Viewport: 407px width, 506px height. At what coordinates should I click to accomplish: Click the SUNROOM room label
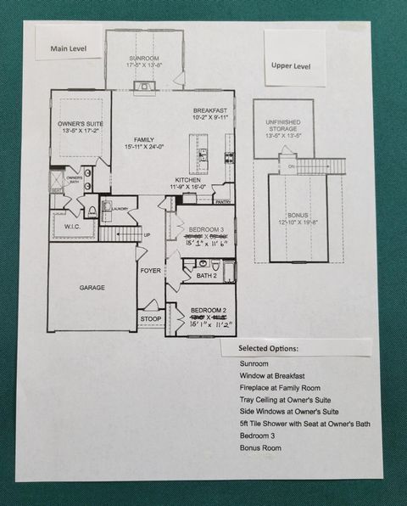click(143, 57)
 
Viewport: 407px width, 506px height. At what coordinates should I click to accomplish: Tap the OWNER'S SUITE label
click(79, 124)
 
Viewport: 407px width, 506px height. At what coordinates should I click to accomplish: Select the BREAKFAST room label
click(209, 110)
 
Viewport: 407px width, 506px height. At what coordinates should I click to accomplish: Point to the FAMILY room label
click(145, 139)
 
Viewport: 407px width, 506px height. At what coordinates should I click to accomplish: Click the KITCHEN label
click(187, 180)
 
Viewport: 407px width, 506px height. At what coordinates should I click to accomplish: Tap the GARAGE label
click(92, 288)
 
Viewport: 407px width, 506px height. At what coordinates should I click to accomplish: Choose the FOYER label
click(151, 270)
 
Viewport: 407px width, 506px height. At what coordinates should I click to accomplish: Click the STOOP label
click(150, 319)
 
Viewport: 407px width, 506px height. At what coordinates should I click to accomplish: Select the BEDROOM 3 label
click(206, 231)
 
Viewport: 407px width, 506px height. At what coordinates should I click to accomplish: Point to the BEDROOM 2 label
click(208, 312)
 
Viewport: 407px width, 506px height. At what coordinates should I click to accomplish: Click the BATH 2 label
click(206, 275)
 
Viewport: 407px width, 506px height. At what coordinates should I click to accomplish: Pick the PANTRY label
click(223, 202)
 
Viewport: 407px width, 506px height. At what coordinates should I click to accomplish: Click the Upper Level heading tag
click(291, 65)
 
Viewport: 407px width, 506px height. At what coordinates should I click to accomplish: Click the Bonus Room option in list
click(259, 447)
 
